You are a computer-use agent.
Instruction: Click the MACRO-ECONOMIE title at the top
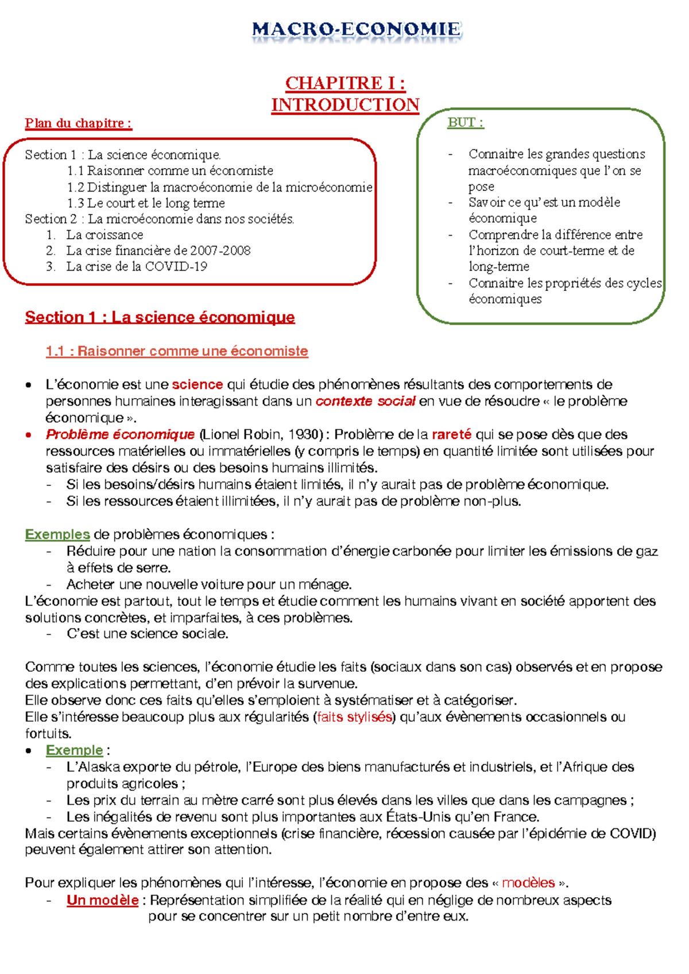(x=356, y=29)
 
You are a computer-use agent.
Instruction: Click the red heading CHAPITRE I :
(x=345, y=84)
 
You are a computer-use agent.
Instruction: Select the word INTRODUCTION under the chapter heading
(x=345, y=105)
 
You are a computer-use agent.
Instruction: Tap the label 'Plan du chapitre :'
(x=79, y=123)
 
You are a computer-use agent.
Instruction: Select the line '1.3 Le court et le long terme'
(x=146, y=203)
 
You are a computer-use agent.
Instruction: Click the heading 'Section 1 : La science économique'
(x=160, y=317)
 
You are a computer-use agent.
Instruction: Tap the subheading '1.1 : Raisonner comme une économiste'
(x=177, y=351)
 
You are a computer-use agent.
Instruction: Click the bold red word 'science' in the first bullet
(x=197, y=384)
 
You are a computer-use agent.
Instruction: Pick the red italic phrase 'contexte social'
(x=365, y=401)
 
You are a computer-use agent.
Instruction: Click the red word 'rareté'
(x=451, y=434)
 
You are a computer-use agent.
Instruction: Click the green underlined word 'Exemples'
(x=57, y=535)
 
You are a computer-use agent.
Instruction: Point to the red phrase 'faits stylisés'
(x=355, y=717)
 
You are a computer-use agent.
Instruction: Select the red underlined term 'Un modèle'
(x=102, y=900)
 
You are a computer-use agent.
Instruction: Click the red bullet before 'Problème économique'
(x=29, y=435)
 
